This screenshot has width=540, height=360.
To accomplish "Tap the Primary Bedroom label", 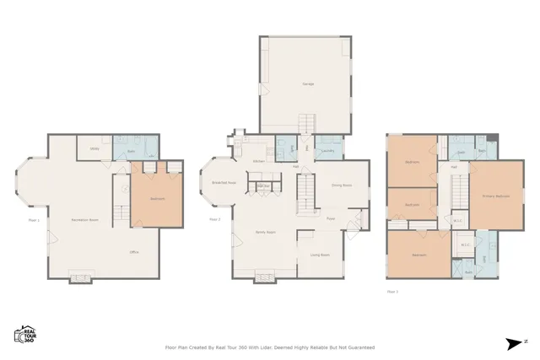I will (495, 196).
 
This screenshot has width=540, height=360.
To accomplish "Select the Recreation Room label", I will (82, 220).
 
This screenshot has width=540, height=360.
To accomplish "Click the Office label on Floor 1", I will (133, 252).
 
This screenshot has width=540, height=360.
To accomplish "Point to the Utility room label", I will (95, 152).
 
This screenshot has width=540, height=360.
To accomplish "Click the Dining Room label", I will (341, 185).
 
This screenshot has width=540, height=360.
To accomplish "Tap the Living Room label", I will (320, 254).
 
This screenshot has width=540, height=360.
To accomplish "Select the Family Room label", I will (267, 231).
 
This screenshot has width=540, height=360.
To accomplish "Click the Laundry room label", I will (327, 152).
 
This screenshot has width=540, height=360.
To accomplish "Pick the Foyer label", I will (332, 218).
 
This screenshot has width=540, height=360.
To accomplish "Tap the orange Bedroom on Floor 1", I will (157, 199).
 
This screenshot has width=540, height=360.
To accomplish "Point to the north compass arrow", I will (514, 342).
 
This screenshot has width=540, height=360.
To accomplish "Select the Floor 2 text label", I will (214, 219).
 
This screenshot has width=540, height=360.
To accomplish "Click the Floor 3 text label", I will (392, 291).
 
